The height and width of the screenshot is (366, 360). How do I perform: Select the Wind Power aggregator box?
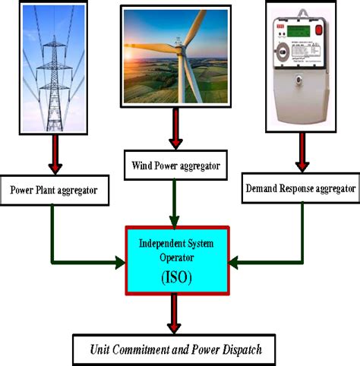tap(175, 165)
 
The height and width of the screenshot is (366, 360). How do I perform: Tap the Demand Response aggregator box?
tap(300, 187)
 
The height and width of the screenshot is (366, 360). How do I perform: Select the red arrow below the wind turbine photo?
tap(176, 134)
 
